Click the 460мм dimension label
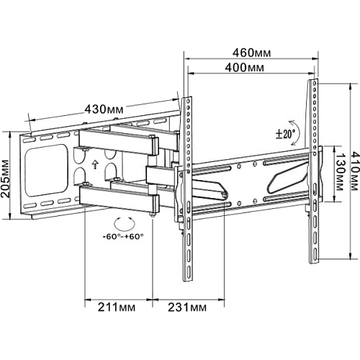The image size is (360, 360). [x=251, y=53]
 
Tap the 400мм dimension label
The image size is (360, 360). [x=244, y=68]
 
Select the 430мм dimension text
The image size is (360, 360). [x=104, y=109]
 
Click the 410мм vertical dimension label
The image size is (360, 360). [x=355, y=171]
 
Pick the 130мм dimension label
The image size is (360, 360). [x=339, y=172]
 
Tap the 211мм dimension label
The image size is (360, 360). [x=117, y=307]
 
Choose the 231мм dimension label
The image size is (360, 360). [x=187, y=307]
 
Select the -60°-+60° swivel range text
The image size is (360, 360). [x=123, y=236]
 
